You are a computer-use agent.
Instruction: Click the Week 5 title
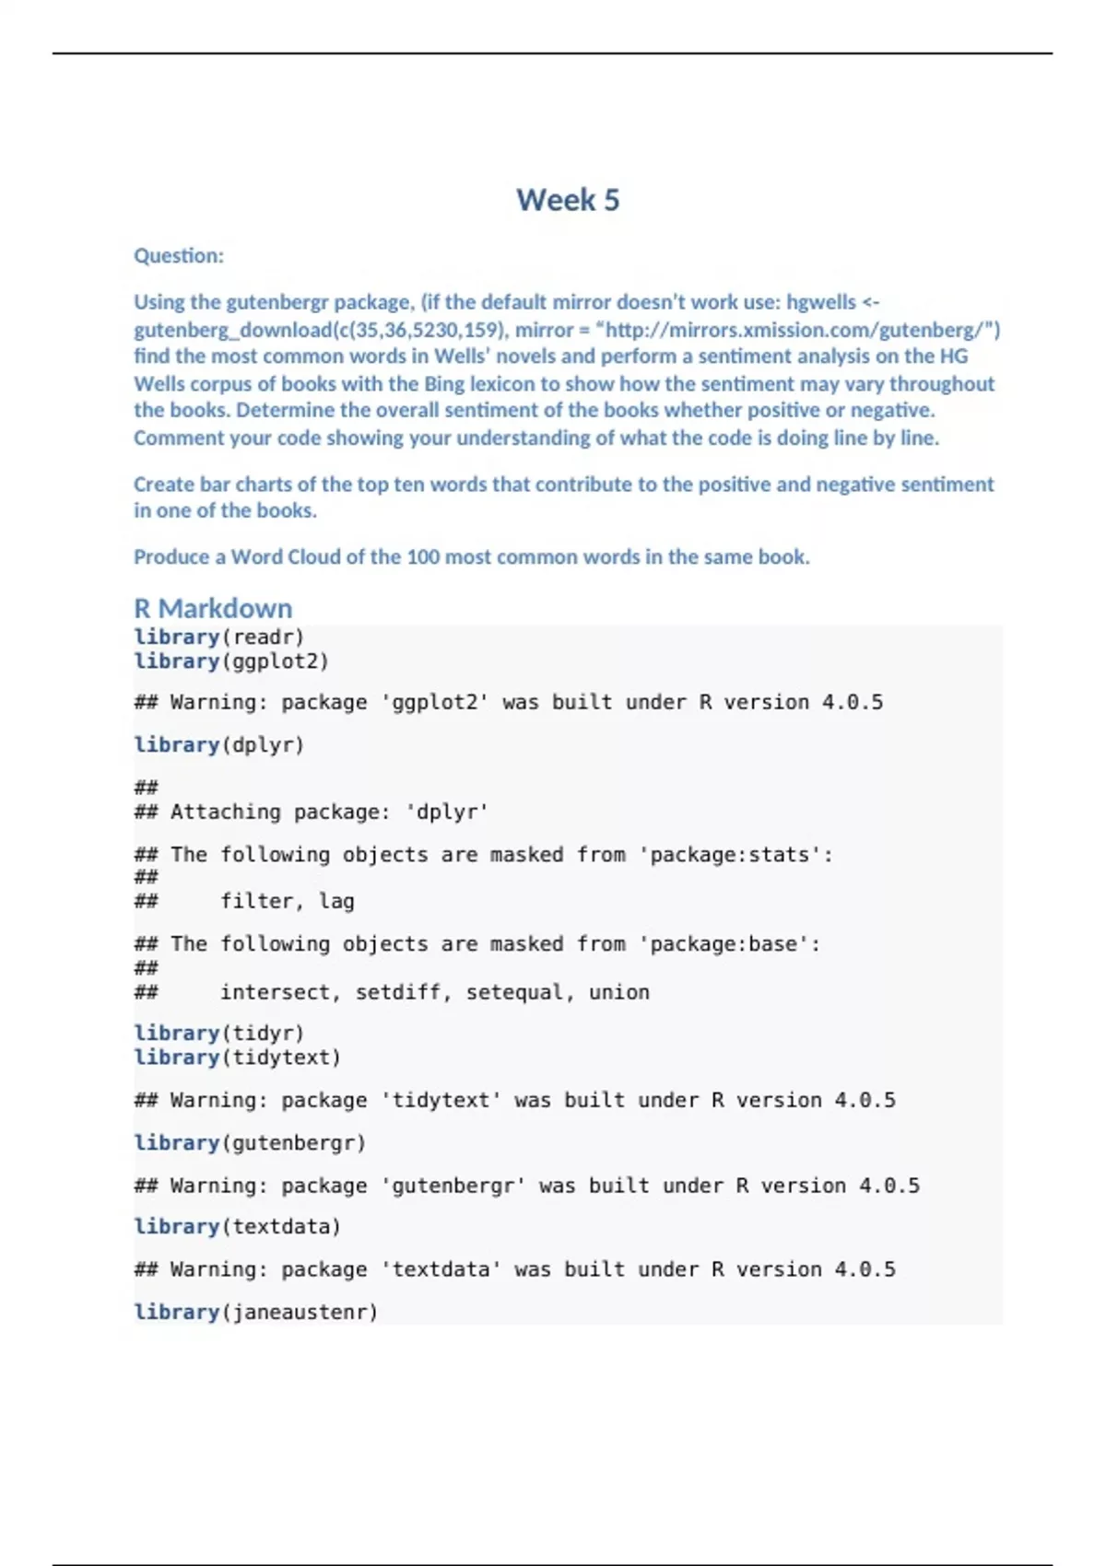(x=568, y=200)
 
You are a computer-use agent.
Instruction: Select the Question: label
(x=179, y=256)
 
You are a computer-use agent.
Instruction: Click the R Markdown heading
(x=213, y=608)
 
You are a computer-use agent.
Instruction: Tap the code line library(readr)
(x=218, y=637)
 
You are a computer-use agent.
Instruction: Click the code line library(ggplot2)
(x=231, y=661)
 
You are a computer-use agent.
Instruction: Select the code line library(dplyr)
(x=218, y=744)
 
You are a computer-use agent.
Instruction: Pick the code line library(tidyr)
(x=218, y=1033)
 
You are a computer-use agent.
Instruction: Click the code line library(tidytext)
(x=237, y=1058)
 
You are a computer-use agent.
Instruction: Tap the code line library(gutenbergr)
(x=250, y=1142)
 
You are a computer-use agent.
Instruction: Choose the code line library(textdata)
(x=237, y=1227)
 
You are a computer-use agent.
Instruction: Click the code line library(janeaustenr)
(x=255, y=1312)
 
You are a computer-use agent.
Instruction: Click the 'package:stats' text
(x=730, y=855)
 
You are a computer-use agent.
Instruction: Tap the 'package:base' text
(x=724, y=944)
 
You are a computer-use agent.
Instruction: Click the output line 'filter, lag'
(x=287, y=901)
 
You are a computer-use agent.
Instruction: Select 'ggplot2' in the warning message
(x=434, y=702)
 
